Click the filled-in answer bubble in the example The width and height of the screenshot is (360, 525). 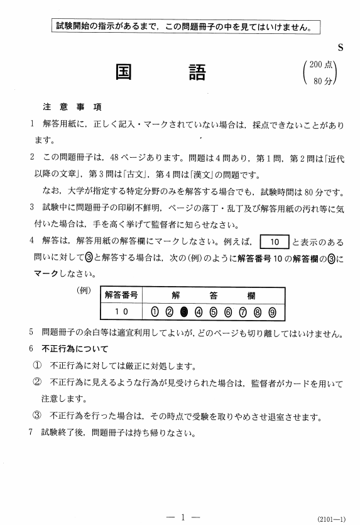click(x=184, y=311)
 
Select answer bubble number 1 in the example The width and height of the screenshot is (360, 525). click(x=155, y=311)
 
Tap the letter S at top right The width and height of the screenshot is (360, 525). click(x=341, y=48)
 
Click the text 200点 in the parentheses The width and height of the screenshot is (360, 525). click(x=324, y=65)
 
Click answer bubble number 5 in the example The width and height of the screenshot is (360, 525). click(x=214, y=311)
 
